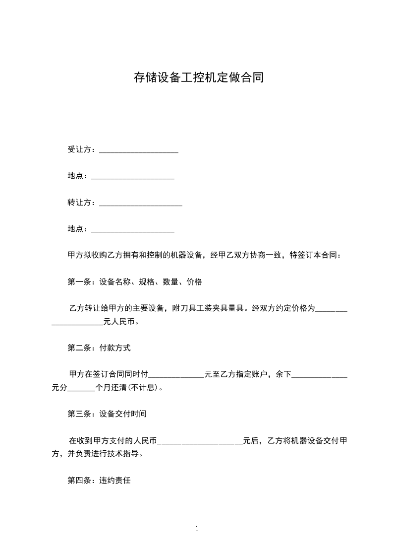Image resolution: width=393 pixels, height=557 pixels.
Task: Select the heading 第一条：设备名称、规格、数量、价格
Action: [135, 282]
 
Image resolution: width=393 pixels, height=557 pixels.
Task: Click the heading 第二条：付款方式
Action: [99, 348]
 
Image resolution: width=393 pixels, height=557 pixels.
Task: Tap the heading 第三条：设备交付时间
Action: [107, 414]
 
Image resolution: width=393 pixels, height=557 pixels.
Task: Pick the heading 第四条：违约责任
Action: [99, 481]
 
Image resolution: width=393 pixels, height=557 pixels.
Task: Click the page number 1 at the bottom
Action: [197, 529]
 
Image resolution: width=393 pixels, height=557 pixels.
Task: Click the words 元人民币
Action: [119, 322]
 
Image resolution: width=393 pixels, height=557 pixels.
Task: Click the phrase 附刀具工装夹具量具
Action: [208, 308]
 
